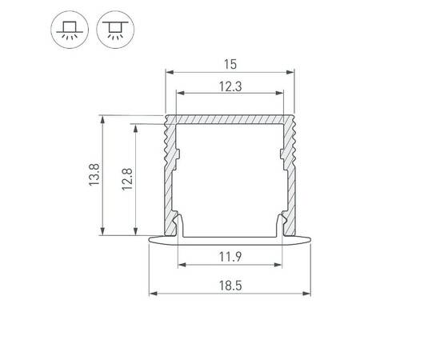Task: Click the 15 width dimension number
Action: click(x=230, y=62)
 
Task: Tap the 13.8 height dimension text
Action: click(x=94, y=175)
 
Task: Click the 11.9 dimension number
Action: click(x=230, y=256)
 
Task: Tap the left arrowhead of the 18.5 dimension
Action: click(x=152, y=293)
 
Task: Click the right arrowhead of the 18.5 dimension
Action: click(x=309, y=293)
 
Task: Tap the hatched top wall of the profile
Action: click(x=230, y=120)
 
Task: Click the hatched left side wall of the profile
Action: click(x=169, y=184)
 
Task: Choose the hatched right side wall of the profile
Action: click(x=290, y=184)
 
